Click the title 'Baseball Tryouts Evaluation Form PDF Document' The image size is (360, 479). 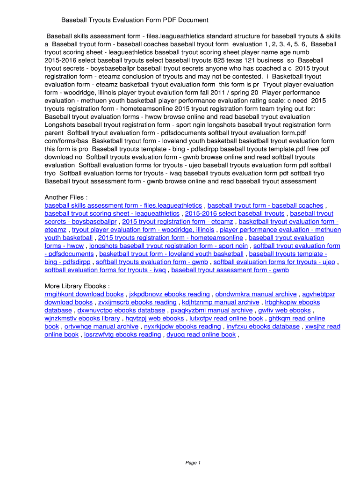click(135, 20)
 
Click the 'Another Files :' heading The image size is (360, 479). click(66, 197)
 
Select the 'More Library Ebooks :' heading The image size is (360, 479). click(77, 286)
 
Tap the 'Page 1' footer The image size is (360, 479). click(193, 463)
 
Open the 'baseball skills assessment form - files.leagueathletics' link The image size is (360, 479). click(123, 205)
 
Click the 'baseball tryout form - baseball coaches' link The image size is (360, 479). click(265, 205)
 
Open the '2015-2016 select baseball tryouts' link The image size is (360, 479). click(234, 213)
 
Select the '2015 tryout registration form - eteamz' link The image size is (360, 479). click(177, 222)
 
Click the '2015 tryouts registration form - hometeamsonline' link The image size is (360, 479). click(171, 238)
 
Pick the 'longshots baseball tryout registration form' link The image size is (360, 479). click(168, 246)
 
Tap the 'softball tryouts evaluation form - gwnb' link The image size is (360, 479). click(152, 262)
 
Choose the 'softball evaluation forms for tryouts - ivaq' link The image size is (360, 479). click(105, 270)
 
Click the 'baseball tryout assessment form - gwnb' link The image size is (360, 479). click(230, 270)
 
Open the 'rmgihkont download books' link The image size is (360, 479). click(84, 294)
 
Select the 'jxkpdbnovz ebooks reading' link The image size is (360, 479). click(169, 294)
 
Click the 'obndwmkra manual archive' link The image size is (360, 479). click(256, 294)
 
